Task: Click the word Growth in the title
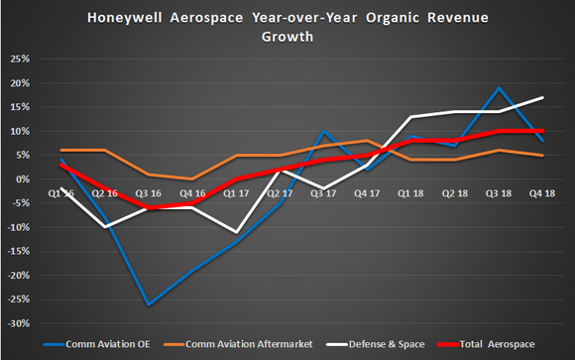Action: pyautogui.click(x=287, y=37)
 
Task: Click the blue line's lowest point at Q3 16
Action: pyautogui.click(x=149, y=304)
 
